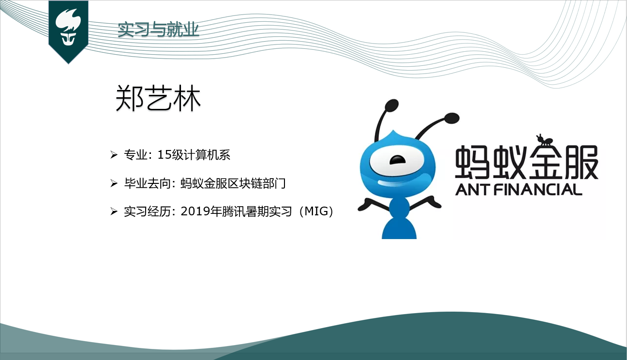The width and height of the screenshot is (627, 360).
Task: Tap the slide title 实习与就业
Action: point(158,30)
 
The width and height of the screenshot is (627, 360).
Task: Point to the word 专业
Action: point(135,155)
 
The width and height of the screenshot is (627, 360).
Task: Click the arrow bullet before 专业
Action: point(114,155)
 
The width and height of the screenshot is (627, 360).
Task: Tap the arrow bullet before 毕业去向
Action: point(114,183)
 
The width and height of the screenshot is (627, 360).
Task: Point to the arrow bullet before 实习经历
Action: point(114,211)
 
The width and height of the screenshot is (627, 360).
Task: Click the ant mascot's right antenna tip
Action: point(452,117)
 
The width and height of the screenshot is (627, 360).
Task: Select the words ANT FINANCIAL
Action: point(518,189)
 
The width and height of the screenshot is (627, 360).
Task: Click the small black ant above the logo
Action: point(544,141)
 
